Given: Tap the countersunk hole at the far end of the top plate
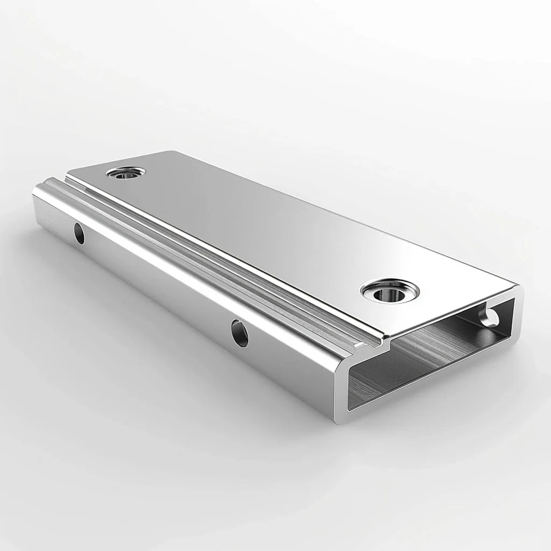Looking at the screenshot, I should pos(125,173).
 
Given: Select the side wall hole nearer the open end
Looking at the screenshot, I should pos(239,333).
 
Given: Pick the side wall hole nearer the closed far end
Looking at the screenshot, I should pos(79,233).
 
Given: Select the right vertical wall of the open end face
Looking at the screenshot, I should pos(515,317).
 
